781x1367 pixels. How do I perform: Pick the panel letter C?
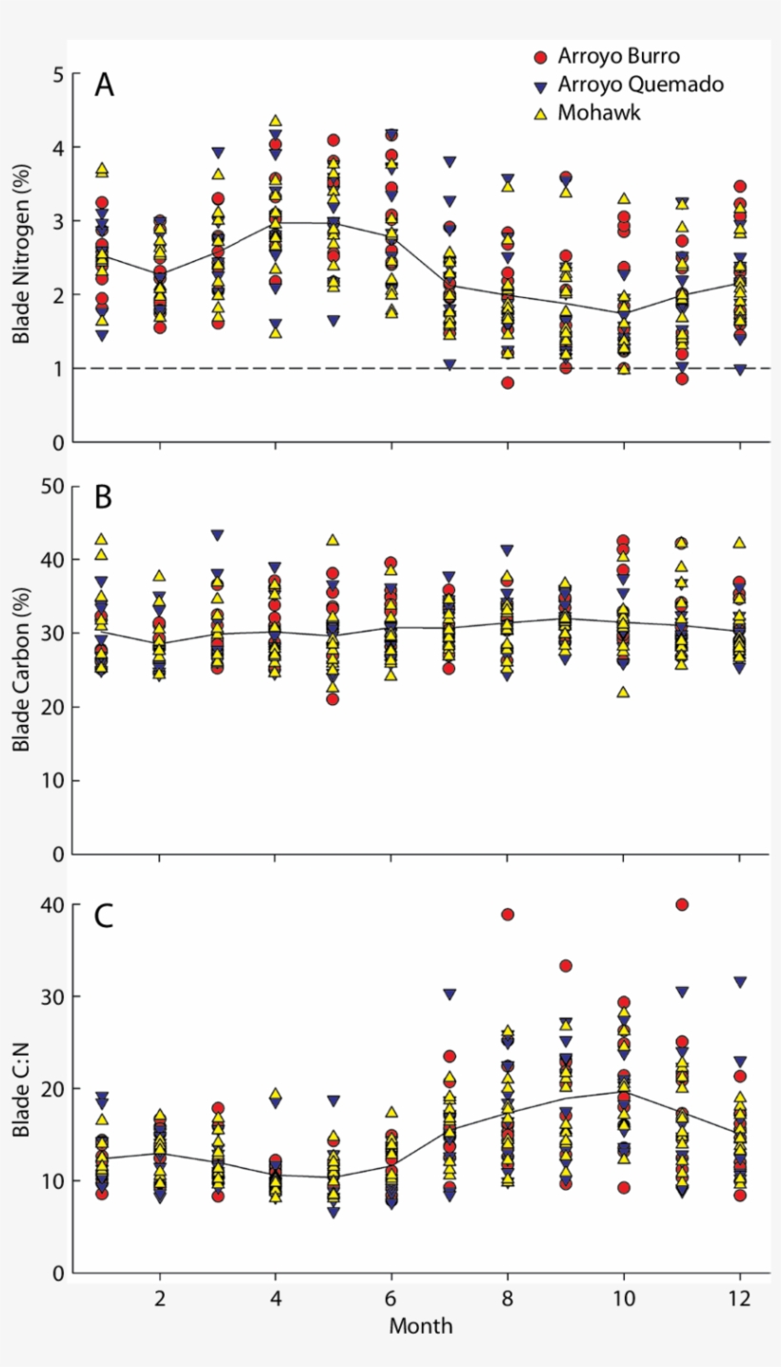point(105,916)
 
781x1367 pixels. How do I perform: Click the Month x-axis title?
point(420,1325)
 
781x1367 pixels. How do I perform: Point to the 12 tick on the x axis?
point(740,1298)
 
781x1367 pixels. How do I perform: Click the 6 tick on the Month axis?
point(391,1298)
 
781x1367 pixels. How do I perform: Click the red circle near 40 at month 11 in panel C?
point(682,904)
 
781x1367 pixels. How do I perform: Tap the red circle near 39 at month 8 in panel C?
point(508,915)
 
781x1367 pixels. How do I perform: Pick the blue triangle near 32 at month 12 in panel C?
point(740,981)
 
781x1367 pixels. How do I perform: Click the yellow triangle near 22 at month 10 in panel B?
point(624,692)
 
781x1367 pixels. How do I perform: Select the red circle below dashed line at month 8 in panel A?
point(508,383)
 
